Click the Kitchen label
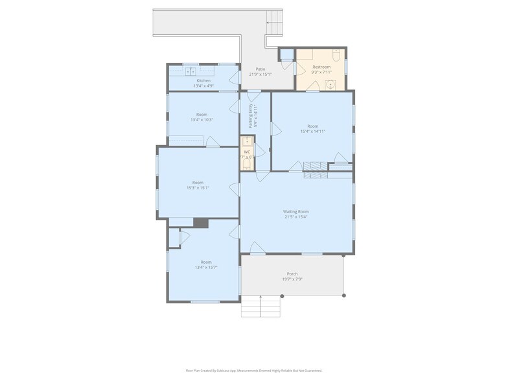click(203, 80)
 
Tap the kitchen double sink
click(191, 71)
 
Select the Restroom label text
click(321, 67)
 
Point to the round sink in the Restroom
click(331, 84)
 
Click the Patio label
click(260, 69)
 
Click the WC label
click(247, 152)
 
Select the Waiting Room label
click(295, 211)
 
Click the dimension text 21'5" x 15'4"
click(295, 217)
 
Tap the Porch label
click(292, 273)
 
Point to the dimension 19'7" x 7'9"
click(292, 279)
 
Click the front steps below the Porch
click(261, 306)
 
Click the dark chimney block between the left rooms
click(201, 222)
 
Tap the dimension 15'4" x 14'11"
click(312, 132)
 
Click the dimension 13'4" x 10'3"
click(202, 120)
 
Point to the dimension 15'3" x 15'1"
click(198, 188)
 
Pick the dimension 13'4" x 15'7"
click(206, 268)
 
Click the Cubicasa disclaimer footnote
click(254, 371)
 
